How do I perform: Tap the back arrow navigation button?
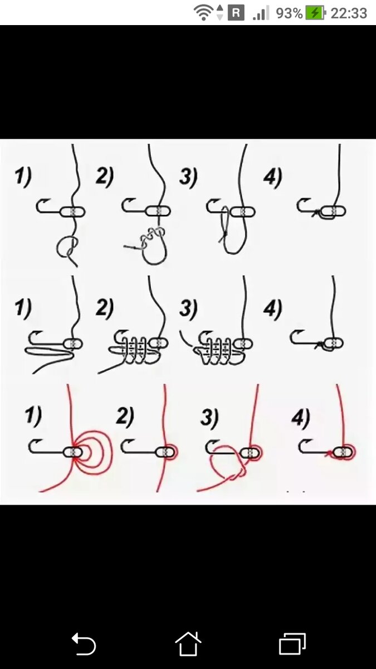[83, 644]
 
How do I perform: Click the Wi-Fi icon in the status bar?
[203, 12]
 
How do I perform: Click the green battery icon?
[315, 13]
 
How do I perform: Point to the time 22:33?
[349, 13]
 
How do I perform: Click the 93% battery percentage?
[289, 13]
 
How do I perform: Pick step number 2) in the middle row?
[105, 308]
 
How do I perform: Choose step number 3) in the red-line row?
[209, 418]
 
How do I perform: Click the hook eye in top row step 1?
[72, 212]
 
